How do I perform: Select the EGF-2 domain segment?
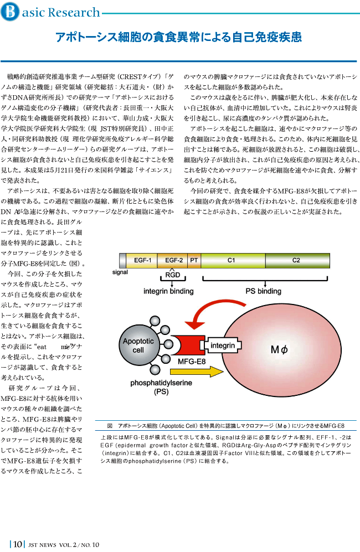click(x=173, y=261)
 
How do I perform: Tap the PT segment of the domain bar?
click(x=194, y=261)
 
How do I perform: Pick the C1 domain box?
click(x=233, y=261)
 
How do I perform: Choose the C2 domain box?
click(x=297, y=261)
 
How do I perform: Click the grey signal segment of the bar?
click(x=122, y=261)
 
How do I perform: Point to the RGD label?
click(x=173, y=275)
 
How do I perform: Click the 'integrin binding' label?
click(x=168, y=291)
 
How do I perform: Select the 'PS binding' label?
click(x=263, y=291)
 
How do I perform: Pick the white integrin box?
click(x=223, y=345)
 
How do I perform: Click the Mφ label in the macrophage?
click(x=279, y=349)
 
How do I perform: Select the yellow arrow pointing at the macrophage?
click(x=197, y=372)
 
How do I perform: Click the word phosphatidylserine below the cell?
click(x=161, y=383)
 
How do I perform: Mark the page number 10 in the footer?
click(x=18, y=544)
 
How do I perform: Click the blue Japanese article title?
click(x=178, y=37)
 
